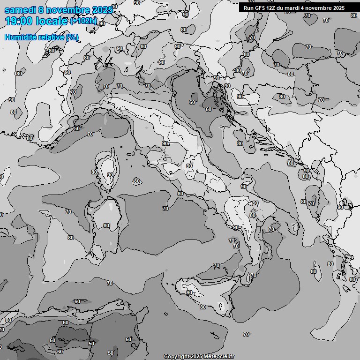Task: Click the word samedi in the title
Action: point(21,10)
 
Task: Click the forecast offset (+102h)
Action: point(83,21)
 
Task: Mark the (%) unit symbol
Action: point(72,37)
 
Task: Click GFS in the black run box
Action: point(260,8)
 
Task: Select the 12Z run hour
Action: point(271,8)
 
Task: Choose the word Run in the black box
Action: point(249,8)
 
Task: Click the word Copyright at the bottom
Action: point(176,357)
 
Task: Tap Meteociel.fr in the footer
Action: point(220,357)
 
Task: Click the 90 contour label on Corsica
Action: point(110,175)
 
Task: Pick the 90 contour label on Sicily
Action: point(189,292)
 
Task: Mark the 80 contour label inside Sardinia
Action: point(106,225)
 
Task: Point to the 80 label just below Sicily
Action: point(202,307)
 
